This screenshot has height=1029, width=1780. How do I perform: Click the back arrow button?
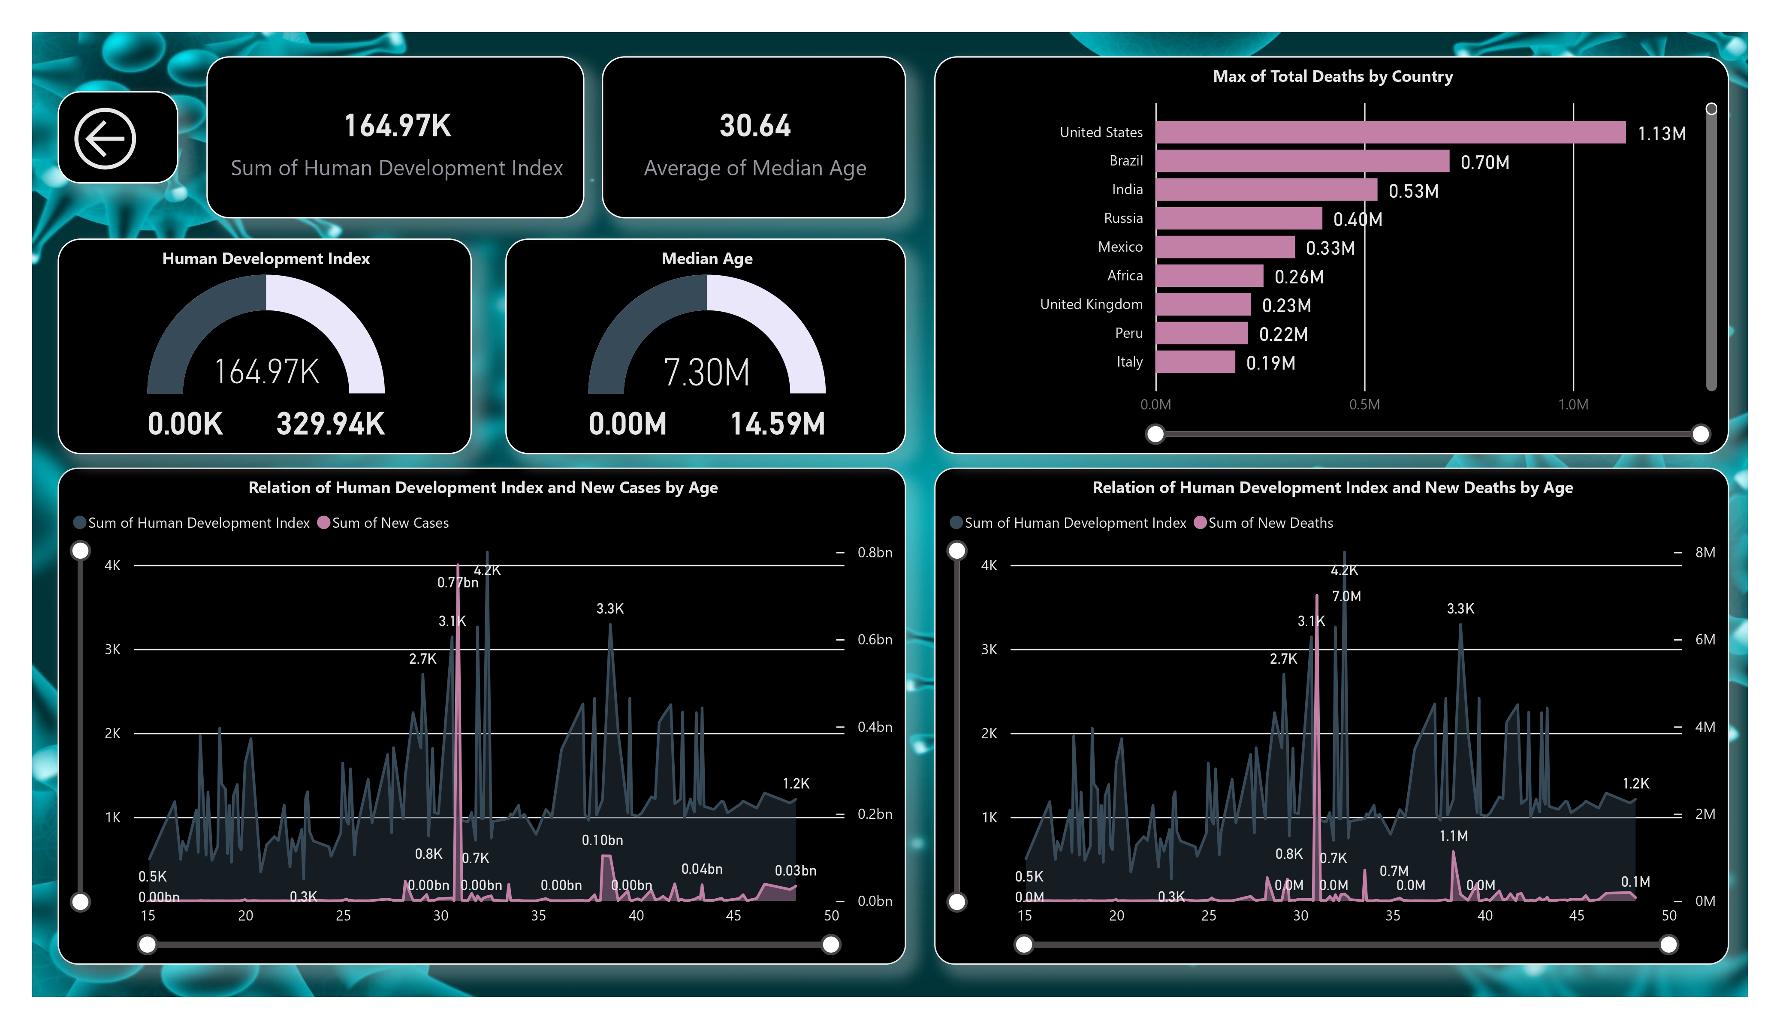105,138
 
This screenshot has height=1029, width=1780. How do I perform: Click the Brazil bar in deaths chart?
1302,161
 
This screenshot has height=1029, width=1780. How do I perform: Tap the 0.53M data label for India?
1413,191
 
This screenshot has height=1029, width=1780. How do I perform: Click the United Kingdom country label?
1091,304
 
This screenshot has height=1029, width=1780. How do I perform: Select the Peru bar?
1201,333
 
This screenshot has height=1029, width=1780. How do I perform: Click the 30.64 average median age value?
754,126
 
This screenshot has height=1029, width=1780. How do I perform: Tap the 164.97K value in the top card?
397,126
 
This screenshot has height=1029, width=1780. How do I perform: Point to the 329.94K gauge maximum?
330,424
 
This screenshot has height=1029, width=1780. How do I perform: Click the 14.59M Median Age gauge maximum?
777,424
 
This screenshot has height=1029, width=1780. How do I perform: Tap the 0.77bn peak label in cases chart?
457,583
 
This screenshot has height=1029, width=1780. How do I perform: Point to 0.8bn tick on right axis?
875,552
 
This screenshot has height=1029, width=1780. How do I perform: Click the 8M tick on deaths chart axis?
1705,552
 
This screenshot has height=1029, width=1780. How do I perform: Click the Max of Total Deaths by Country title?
1332,76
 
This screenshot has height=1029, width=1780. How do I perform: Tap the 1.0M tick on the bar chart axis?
1572,405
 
